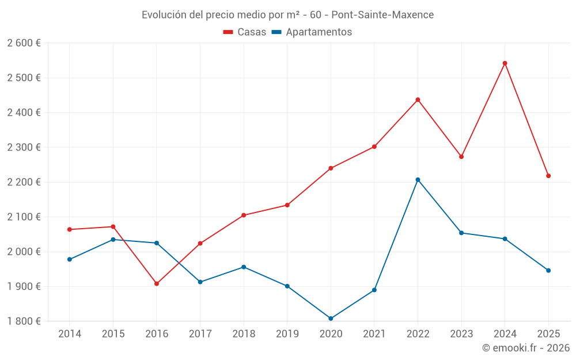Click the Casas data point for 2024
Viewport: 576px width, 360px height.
point(505,63)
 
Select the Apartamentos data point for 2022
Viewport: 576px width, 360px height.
point(418,180)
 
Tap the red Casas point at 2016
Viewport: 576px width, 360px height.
point(157,283)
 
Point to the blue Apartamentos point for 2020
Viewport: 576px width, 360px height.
point(331,319)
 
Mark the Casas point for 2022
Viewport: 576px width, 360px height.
point(418,100)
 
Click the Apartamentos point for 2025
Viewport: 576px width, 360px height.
point(548,270)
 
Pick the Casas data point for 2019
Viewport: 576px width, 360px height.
point(287,205)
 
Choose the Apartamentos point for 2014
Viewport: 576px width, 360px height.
point(70,259)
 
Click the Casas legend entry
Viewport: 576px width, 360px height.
point(245,32)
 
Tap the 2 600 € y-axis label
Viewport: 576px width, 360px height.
point(24,43)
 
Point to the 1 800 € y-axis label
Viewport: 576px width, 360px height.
point(24,321)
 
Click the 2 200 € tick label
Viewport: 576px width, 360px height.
point(24,182)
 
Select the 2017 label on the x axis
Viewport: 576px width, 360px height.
point(200,334)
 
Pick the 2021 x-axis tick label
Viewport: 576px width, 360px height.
point(374,334)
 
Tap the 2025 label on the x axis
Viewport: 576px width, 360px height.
point(548,334)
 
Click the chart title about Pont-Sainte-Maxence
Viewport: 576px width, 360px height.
point(287,15)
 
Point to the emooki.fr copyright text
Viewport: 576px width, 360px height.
point(525,348)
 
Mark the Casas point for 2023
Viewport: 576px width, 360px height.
point(461,157)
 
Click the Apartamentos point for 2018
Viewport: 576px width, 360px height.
point(244,267)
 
